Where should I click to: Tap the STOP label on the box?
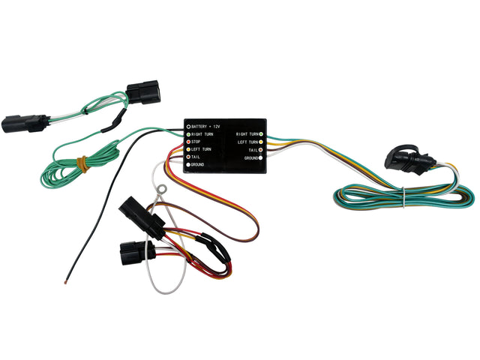point(196,141)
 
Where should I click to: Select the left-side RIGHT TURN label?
point(203,133)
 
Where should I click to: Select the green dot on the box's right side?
point(260,133)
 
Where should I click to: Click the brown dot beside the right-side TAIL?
point(260,150)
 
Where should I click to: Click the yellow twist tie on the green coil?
point(82,161)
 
